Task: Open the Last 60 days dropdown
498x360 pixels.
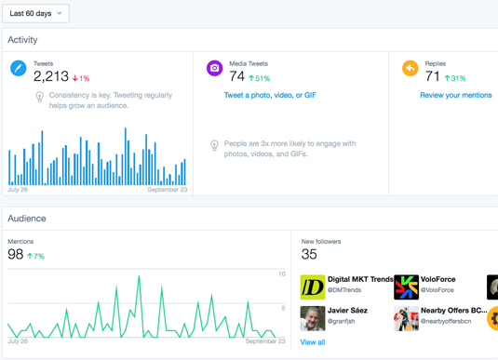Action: [x=35, y=13]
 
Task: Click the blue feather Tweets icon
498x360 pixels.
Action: [x=19, y=68]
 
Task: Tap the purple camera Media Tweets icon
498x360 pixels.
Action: [x=215, y=68]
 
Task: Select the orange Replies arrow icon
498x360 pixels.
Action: [x=411, y=68]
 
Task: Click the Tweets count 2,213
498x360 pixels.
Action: [x=51, y=76]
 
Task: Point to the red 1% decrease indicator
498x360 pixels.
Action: [x=81, y=78]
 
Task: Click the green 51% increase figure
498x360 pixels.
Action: [x=260, y=78]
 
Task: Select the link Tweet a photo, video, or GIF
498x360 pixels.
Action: [x=270, y=95]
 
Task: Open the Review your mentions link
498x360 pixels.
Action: [x=456, y=95]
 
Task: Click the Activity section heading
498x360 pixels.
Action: [x=22, y=40]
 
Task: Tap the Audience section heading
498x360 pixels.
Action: [x=27, y=219]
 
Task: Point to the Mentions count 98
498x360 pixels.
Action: [x=16, y=254]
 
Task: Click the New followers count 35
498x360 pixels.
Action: [x=309, y=254]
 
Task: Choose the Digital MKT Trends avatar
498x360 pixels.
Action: [x=313, y=287]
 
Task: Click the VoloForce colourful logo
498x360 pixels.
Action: [x=406, y=287]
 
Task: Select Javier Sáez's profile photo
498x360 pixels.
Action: [x=313, y=318]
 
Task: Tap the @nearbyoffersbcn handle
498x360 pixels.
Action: [x=446, y=321]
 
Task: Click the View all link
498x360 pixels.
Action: [x=313, y=342]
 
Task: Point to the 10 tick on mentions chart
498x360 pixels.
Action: [x=282, y=274]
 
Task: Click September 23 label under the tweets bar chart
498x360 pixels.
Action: [x=168, y=190]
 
